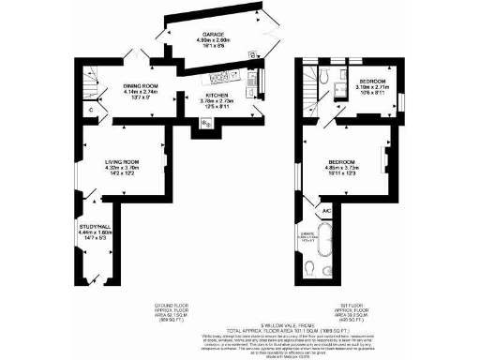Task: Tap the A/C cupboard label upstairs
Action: pos(326,212)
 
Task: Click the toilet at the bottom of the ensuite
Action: pos(309,269)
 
